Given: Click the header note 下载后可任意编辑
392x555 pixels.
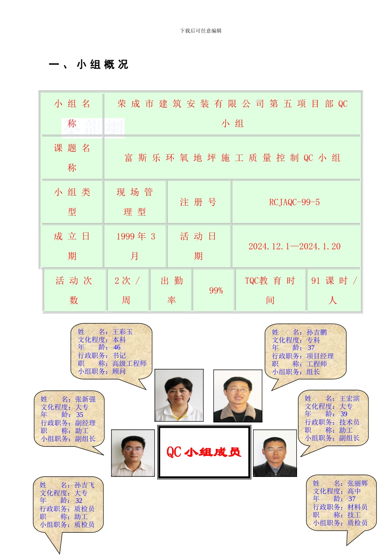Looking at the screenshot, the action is click(201, 31).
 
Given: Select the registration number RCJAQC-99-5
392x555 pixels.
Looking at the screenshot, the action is click(294, 202).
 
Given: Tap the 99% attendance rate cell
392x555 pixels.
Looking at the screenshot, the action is click(216, 290).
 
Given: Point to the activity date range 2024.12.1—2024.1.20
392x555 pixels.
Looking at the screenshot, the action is click(294, 247).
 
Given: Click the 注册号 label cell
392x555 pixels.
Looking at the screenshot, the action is click(198, 202).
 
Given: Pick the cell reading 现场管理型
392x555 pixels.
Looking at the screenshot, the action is click(135, 202).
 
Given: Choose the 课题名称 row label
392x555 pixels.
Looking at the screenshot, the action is click(72, 158).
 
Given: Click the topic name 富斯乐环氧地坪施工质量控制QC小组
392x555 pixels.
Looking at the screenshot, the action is click(232, 158).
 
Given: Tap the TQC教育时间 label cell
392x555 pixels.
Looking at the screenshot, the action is click(270, 290).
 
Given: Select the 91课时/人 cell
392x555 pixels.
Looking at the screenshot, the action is click(334, 290).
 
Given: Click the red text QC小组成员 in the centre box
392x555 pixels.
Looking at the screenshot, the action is click(204, 452).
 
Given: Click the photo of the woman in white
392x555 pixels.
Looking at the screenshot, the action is click(179, 395).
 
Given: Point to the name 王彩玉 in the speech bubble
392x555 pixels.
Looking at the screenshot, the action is click(123, 332).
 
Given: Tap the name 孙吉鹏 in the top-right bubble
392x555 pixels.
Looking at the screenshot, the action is click(316, 332).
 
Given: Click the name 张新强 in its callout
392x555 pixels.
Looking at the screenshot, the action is click(85, 399).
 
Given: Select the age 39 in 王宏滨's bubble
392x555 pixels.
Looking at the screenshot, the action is click(344, 414).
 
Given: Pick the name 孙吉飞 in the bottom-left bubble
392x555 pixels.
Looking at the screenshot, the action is click(84, 485).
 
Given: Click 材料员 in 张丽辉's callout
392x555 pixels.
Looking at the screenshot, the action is click(357, 507).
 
